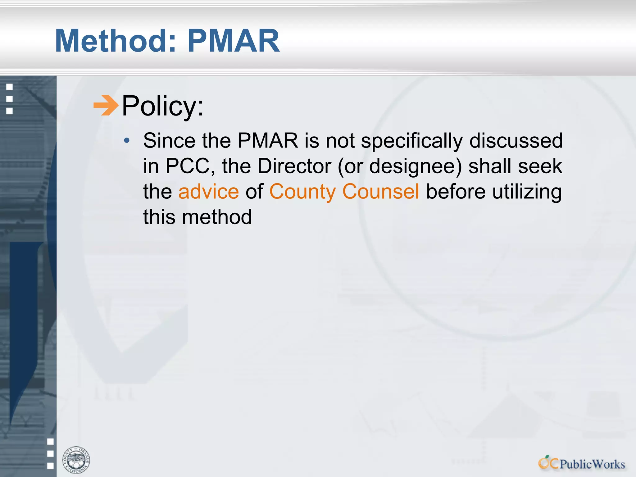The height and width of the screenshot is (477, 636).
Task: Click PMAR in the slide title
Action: [x=234, y=41]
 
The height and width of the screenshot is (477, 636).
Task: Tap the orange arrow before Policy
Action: [x=106, y=106]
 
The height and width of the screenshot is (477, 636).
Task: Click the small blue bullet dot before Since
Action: [x=127, y=141]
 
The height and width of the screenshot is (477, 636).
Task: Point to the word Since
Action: [x=169, y=141]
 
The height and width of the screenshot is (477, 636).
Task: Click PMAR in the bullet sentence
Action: [x=268, y=141]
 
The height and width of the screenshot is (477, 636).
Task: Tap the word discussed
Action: [x=516, y=141]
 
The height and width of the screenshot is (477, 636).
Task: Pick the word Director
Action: [x=294, y=166]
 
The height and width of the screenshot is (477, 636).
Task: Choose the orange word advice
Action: [x=209, y=192]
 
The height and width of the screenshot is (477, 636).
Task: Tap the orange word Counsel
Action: [x=381, y=192]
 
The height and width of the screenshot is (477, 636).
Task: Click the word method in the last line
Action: [x=217, y=217]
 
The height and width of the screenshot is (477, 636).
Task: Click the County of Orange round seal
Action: [x=76, y=460]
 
